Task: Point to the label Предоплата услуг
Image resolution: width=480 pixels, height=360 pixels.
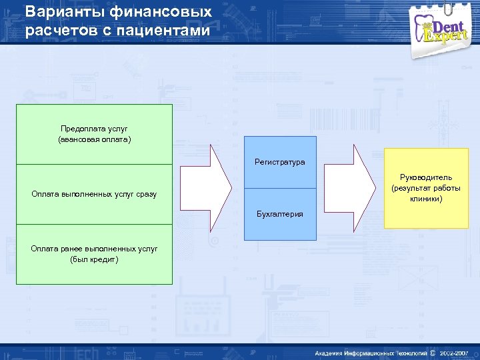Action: click(x=94, y=128)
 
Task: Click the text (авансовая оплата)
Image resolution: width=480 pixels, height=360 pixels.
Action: click(x=94, y=139)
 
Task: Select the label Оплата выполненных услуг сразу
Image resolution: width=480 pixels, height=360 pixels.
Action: click(x=94, y=194)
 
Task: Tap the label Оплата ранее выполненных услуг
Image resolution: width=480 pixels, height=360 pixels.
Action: click(x=94, y=248)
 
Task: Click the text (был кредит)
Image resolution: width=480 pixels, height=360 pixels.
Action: click(x=94, y=259)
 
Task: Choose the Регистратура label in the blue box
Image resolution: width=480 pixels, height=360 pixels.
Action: click(x=280, y=162)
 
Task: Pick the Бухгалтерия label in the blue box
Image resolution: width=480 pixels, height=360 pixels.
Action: click(x=280, y=214)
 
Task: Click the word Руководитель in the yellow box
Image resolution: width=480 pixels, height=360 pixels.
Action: click(x=426, y=177)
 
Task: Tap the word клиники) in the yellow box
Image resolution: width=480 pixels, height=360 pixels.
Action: click(x=426, y=199)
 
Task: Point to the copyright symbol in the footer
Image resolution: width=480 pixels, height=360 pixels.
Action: click(x=433, y=352)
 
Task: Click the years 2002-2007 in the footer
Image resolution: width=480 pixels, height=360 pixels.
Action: click(x=455, y=352)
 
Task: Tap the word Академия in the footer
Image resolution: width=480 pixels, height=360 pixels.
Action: click(x=331, y=352)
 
